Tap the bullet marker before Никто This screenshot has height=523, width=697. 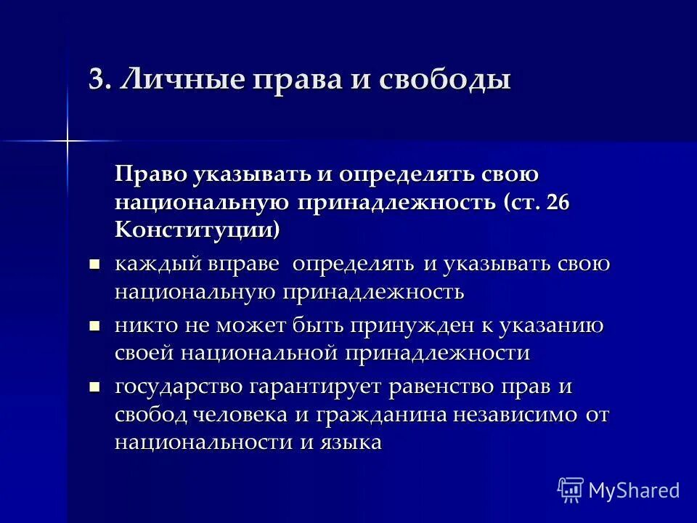pyautogui.click(x=94, y=327)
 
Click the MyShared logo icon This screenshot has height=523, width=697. pyautogui.click(x=571, y=490)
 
